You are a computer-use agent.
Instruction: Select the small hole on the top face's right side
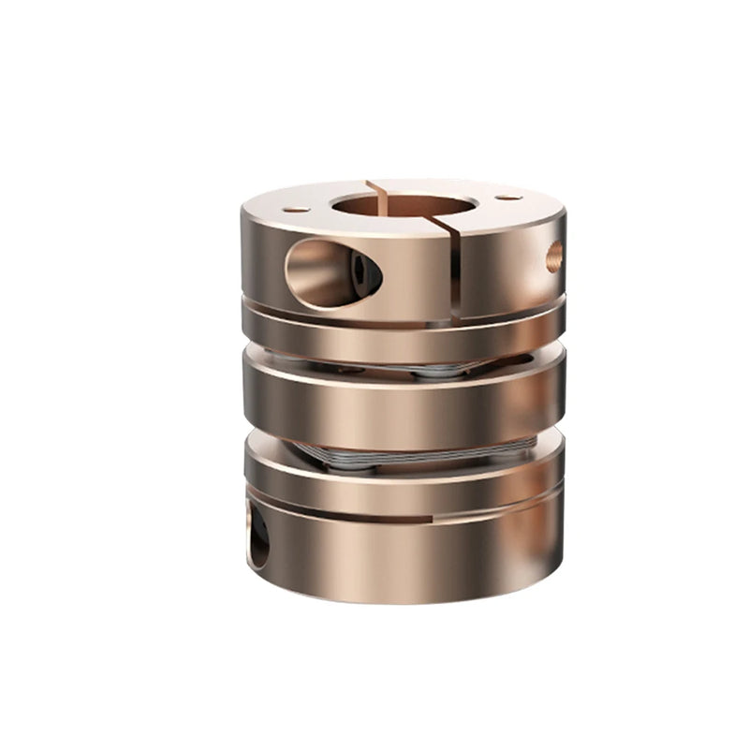(x=508, y=198)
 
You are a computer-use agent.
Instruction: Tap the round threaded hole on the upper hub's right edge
(x=554, y=256)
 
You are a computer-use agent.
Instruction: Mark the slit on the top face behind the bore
(x=378, y=186)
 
